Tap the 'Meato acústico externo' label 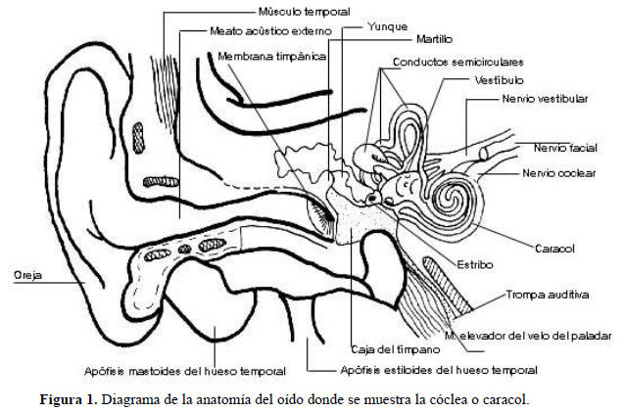point(270,31)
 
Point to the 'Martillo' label point(433,40)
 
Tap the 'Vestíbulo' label point(500,79)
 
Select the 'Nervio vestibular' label point(544,99)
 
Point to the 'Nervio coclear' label point(560,173)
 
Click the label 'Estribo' point(473,264)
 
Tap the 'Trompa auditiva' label point(548,294)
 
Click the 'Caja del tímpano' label point(382,349)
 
